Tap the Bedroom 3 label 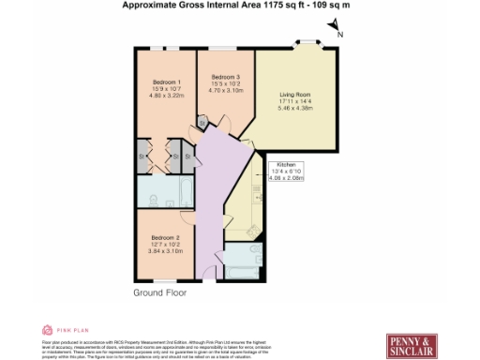[225, 76]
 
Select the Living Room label [295, 95]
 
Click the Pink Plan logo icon [47, 330]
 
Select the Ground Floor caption [160, 292]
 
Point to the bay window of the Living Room [306, 43]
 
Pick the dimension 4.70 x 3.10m [225, 90]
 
